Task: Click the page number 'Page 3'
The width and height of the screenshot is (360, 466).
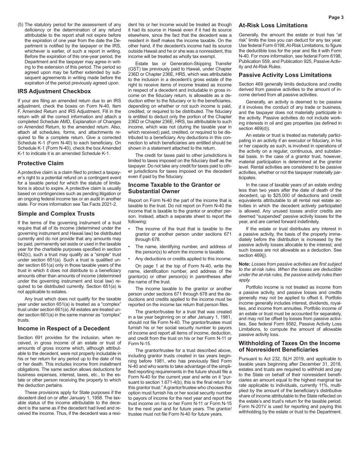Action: click(x=336, y=17)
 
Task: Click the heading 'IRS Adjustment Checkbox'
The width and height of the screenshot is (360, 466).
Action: click(x=54, y=91)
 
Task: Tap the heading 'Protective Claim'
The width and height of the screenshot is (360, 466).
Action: click(x=41, y=163)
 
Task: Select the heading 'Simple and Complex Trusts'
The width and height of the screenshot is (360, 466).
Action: click(x=56, y=214)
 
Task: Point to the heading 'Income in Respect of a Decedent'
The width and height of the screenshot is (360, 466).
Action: click(x=64, y=328)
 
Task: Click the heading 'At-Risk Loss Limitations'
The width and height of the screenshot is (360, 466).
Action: click(x=273, y=25)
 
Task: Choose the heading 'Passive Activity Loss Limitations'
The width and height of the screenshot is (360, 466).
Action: click(x=285, y=75)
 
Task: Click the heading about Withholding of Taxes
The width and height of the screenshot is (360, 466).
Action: click(x=289, y=346)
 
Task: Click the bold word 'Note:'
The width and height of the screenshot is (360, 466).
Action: click(x=244, y=264)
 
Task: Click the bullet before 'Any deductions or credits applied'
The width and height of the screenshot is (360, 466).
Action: click(x=129, y=259)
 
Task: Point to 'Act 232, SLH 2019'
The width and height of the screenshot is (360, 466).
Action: click(x=280, y=358)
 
